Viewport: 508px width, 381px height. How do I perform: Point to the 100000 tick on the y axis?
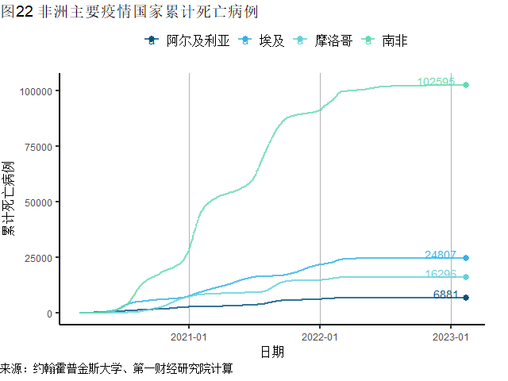[35, 91]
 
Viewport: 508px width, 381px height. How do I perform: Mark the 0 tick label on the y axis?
[49, 314]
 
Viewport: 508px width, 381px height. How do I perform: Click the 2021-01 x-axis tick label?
[189, 335]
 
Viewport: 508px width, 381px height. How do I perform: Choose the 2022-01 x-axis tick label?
[319, 335]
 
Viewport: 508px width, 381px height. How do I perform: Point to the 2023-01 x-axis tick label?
[450, 335]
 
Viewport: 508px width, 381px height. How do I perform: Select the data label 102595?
[436, 82]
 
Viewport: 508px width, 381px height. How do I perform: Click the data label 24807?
[441, 255]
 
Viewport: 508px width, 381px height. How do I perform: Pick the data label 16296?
[441, 274]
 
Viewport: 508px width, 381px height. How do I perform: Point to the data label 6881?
[446, 294]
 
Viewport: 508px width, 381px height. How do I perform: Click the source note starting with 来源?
[116, 370]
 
